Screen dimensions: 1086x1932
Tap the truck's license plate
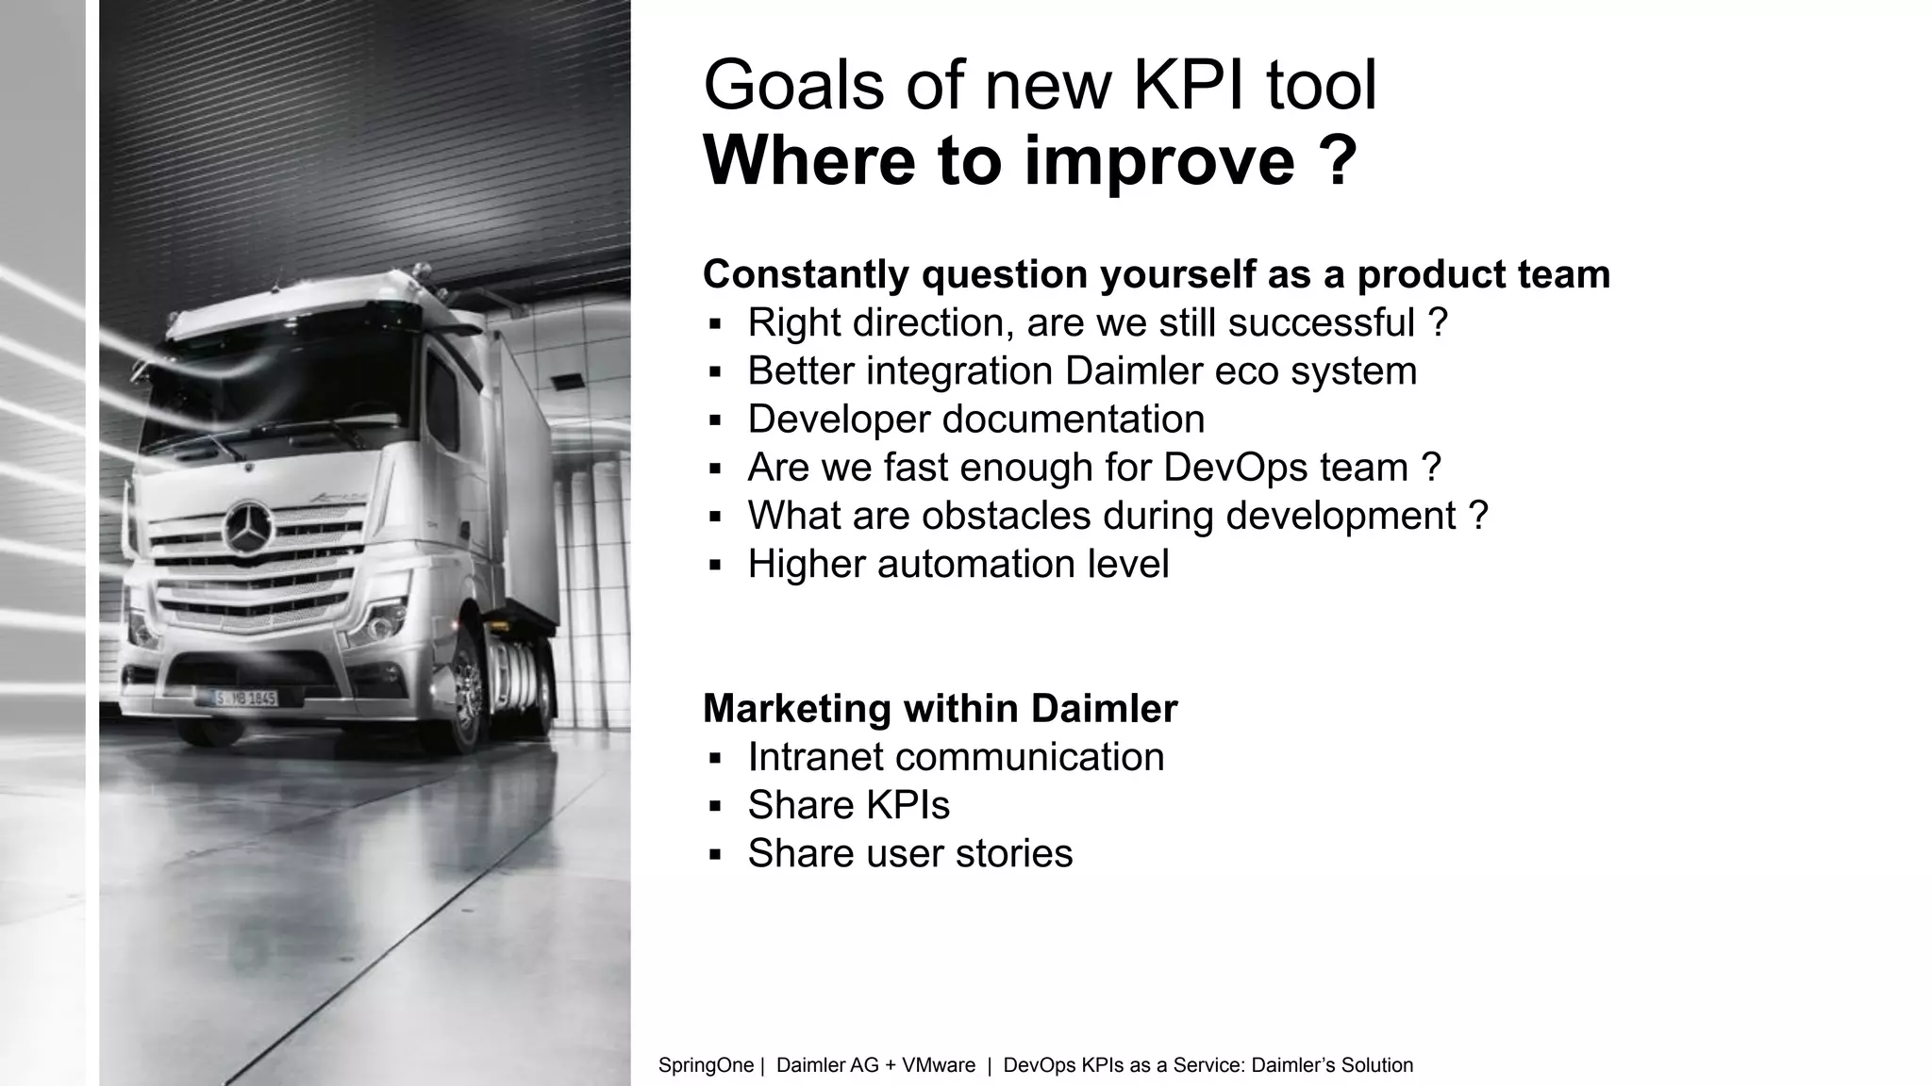245,699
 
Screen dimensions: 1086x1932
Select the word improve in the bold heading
1159,160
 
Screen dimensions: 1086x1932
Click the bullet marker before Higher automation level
715,566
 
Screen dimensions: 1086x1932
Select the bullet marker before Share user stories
715,855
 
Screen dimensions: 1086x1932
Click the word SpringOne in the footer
706,1065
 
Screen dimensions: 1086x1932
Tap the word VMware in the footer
939,1065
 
